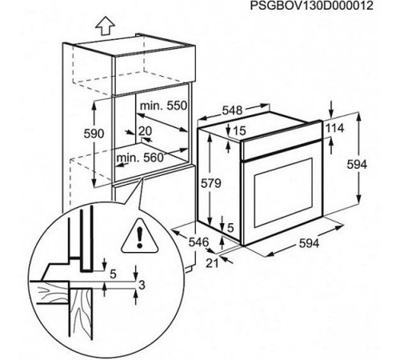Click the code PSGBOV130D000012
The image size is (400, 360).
(x=311, y=6)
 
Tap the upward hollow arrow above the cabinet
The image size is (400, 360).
(x=106, y=26)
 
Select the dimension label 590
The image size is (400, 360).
(x=94, y=134)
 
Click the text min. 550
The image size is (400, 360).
(x=163, y=106)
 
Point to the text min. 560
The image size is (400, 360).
(x=140, y=158)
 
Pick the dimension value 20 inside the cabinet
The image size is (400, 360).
(x=145, y=131)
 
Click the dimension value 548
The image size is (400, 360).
(x=232, y=110)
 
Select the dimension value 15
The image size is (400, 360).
(x=239, y=130)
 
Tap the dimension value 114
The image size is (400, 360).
(x=335, y=129)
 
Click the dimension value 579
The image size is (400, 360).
(x=211, y=183)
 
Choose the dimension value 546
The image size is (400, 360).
(x=198, y=242)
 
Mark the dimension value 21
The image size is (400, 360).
(x=212, y=263)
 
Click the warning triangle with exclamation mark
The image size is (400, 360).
(x=140, y=236)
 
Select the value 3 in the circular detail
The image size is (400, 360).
(x=142, y=285)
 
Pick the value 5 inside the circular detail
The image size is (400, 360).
(x=113, y=274)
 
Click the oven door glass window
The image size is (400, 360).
(x=283, y=193)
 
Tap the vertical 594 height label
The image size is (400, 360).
(x=357, y=165)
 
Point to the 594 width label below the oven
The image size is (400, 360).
(x=309, y=243)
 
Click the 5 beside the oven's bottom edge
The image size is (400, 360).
(x=230, y=228)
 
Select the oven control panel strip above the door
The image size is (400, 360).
(x=282, y=142)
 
